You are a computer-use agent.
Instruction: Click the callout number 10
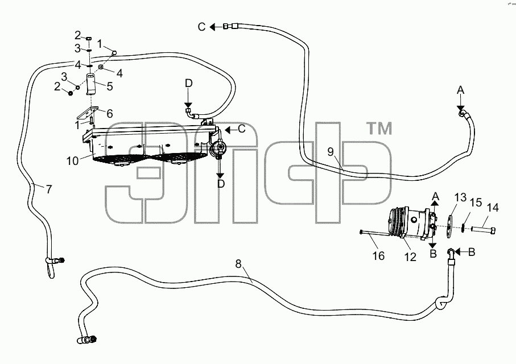pos(72,161)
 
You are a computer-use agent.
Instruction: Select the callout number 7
pos(49,189)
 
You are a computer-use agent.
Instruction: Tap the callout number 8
pos(238,264)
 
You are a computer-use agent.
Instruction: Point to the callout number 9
pos(331,152)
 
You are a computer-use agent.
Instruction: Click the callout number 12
pos(410,257)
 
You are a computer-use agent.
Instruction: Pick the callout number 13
pos(460,197)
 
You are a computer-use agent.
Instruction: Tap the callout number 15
pos(476,202)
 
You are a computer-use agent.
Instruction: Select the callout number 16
pos(379,256)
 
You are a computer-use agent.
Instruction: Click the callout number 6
pos(110,114)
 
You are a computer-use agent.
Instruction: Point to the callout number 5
pos(110,86)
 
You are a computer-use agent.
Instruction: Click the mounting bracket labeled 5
pos(90,84)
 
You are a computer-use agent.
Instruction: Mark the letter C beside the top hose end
pos(202,27)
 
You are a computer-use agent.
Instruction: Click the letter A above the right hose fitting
pos(461,90)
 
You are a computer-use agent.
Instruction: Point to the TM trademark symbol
pos(379,129)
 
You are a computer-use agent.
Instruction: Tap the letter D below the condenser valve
pos(221,184)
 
